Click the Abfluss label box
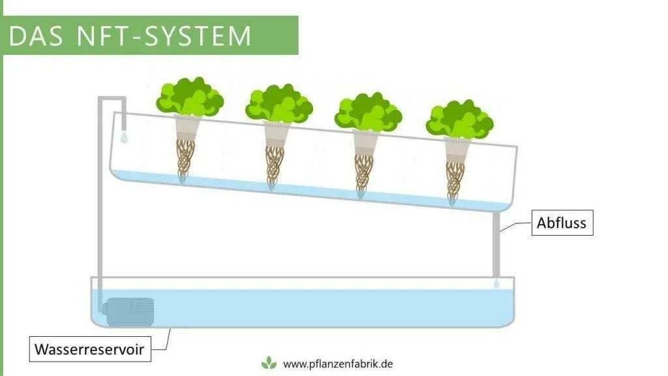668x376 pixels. click(x=562, y=223)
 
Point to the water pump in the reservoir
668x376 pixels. click(x=129, y=311)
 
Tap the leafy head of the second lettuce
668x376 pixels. click(x=279, y=103)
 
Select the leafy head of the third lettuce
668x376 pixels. click(x=368, y=112)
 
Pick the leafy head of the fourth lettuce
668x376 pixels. click(x=459, y=119)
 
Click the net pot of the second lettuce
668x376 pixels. click(x=276, y=134)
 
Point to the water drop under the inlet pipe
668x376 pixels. click(x=124, y=138)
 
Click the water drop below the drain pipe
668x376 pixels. click(x=496, y=284)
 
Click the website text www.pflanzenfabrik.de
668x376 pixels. click(x=337, y=364)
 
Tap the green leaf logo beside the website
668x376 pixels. click(x=269, y=364)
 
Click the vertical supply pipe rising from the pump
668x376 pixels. click(x=101, y=196)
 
